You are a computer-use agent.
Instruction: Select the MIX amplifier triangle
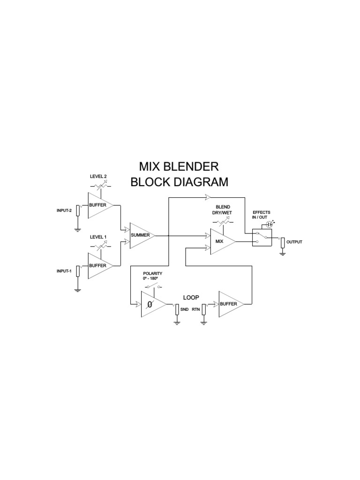pos(221,241)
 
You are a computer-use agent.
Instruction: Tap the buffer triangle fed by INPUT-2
pos(99,205)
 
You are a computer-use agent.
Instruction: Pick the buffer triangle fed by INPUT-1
pos(99,266)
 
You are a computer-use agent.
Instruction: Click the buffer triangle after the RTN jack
pos(230,304)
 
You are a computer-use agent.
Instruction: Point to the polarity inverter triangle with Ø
pos(151,304)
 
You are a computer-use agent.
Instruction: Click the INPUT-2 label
pos(64,210)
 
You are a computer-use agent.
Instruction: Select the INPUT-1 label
pos(64,271)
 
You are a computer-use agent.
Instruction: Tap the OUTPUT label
pos(294,242)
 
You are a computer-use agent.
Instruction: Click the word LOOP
pos(191,297)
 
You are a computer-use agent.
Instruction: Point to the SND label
pos(184,310)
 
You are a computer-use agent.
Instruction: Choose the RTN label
pos(195,310)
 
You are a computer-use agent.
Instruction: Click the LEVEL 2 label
pos(98,176)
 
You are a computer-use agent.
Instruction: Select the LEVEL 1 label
pos(98,237)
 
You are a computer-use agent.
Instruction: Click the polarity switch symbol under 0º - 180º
pos(153,286)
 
